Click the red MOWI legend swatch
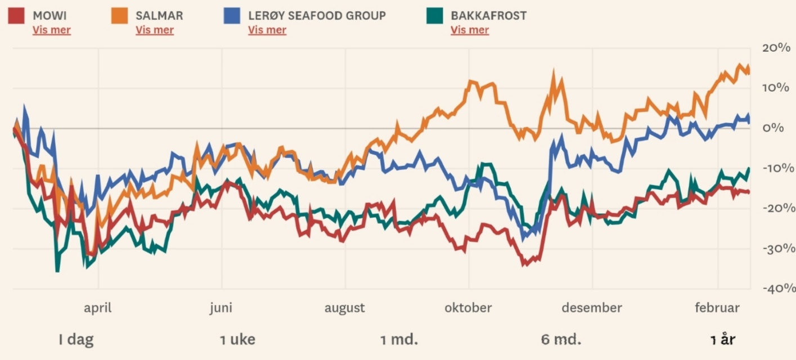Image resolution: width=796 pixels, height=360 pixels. (16, 16)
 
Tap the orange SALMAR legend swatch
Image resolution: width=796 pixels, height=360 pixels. (119, 16)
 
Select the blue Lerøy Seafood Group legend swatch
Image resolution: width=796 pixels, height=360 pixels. (231, 16)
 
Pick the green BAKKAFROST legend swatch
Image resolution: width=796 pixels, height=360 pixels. (434, 16)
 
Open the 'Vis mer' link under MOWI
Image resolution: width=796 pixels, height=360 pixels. (52, 30)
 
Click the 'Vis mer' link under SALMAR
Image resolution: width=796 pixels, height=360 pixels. (155, 30)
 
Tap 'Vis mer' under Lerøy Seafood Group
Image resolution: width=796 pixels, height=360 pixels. (267, 30)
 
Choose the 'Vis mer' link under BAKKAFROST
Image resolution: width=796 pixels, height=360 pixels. (470, 30)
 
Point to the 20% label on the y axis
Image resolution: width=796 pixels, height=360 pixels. (776, 48)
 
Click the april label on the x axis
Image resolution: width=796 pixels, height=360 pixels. (98, 308)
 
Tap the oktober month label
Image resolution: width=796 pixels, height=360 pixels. (468, 308)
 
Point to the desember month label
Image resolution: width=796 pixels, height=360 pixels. (592, 308)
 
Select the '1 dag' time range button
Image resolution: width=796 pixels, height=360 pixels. (76, 340)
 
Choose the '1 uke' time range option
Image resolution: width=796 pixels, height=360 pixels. (237, 340)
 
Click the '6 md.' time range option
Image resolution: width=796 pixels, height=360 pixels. (561, 340)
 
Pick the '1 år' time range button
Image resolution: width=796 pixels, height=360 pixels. (723, 340)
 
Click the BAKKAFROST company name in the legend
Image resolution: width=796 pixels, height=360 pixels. (489, 16)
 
